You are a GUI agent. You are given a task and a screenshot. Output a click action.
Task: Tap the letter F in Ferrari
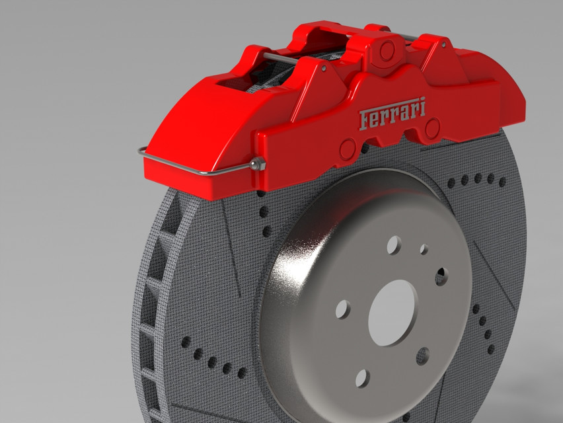pyautogui.click(x=364, y=120)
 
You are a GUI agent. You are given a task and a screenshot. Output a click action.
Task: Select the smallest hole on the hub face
pyautogui.click(x=424, y=249)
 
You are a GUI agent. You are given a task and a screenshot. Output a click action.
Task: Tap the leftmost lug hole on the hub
pyautogui.click(x=343, y=309)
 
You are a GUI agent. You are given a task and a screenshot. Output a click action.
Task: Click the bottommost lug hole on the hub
pyautogui.click(x=362, y=378)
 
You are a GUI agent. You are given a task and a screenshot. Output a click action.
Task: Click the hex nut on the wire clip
pyautogui.click(x=258, y=165)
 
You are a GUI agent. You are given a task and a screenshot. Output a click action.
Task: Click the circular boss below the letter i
pyautogui.click(x=432, y=130)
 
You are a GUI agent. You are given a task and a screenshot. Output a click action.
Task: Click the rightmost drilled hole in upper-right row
pyautogui.click(x=503, y=182)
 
